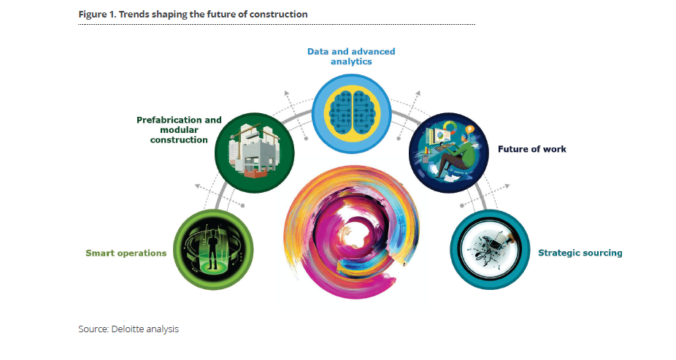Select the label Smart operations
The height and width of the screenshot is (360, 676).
[126, 253]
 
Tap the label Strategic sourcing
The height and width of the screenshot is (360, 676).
[580, 253]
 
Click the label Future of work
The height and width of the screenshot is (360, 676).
[531, 150]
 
